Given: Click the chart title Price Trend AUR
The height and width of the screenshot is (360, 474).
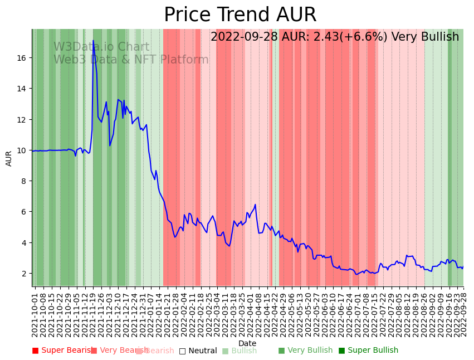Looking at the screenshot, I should coord(240,15).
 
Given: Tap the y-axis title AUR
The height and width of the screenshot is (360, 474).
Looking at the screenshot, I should coord(9,158).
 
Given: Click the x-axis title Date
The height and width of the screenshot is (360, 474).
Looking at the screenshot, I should coord(247,343).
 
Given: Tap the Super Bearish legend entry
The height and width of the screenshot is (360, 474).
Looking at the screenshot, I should coord(62,351).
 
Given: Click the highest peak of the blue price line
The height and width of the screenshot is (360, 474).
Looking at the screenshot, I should coord(93,41).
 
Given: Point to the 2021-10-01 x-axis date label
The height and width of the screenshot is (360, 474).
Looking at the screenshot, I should coord(35,315).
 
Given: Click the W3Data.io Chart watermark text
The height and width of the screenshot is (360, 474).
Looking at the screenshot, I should coord(101,47).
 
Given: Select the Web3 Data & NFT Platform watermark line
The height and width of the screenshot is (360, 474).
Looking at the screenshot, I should coord(131,60).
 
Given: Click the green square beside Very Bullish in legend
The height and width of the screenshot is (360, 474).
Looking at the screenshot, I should coord(281,351).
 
